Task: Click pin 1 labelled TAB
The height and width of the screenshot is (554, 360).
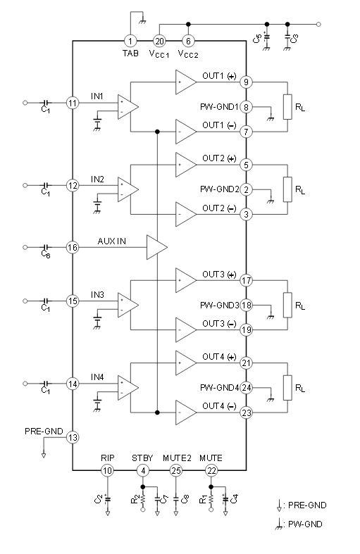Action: [130, 41]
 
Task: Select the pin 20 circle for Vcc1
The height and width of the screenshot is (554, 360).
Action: [159, 41]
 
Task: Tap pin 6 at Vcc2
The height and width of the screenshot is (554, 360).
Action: [188, 41]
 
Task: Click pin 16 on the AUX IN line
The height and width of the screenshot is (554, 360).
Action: [73, 248]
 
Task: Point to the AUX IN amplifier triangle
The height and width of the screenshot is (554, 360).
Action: [156, 247]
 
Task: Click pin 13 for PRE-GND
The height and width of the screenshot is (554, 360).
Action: [73, 437]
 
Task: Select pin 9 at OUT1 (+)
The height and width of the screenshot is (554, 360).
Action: [246, 82]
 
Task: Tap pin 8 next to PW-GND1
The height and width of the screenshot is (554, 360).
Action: [246, 107]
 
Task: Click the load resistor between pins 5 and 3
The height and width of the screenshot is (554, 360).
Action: [287, 189]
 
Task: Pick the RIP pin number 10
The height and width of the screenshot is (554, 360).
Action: [107, 471]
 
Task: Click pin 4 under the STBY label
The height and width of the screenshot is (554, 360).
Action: [143, 471]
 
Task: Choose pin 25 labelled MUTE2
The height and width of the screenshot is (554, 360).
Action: [176, 471]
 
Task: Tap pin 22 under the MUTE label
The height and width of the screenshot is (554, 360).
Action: [211, 471]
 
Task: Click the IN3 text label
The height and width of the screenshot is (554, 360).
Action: [97, 295]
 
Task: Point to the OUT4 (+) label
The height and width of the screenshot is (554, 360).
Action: [219, 357]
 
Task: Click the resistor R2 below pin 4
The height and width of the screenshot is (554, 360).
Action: [143, 499]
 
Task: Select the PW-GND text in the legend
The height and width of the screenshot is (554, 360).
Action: [305, 524]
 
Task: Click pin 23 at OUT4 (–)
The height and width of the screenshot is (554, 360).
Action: [246, 413]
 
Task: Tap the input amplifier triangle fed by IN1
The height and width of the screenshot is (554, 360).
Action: [128, 107]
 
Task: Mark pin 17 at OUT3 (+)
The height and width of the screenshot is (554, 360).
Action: [246, 281]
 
